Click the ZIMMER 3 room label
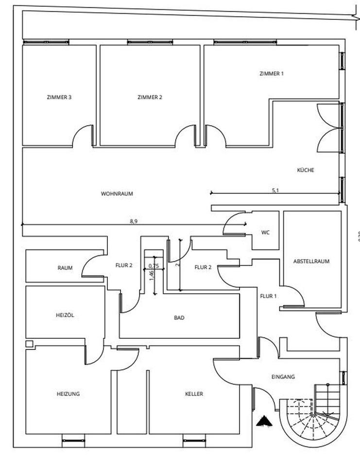click(59, 97)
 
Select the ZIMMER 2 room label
click(150, 97)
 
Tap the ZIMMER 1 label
click(272, 74)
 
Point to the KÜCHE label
click(306, 170)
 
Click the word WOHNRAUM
click(117, 193)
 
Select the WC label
click(265, 233)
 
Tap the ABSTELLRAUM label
click(311, 261)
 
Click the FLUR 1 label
click(268, 296)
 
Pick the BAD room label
click(179, 318)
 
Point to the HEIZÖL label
click(65, 315)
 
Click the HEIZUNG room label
click(68, 394)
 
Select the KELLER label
click(194, 394)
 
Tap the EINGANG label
click(283, 377)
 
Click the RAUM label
click(65, 267)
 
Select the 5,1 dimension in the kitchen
click(275, 190)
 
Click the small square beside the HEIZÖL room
click(30, 344)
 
